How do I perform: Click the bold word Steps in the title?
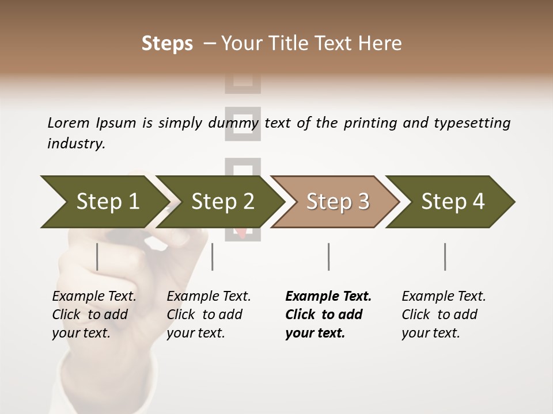tap(167, 44)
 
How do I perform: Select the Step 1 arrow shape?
tap(101, 202)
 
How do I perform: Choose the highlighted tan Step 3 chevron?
tap(337, 202)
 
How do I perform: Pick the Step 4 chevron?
tap(452, 202)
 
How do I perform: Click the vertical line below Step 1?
tap(97, 256)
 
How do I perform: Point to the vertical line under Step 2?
tap(213, 256)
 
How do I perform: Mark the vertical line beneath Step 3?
tap(329, 256)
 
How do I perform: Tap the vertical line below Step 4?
tap(445, 256)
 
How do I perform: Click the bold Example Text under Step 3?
tap(328, 297)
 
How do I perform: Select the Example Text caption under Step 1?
tap(94, 297)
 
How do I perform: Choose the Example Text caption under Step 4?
tap(444, 297)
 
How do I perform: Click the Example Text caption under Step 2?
tap(209, 297)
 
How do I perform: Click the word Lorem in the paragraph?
tap(68, 123)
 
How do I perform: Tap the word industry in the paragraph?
tap(75, 144)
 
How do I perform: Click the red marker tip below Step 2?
tap(242, 232)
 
